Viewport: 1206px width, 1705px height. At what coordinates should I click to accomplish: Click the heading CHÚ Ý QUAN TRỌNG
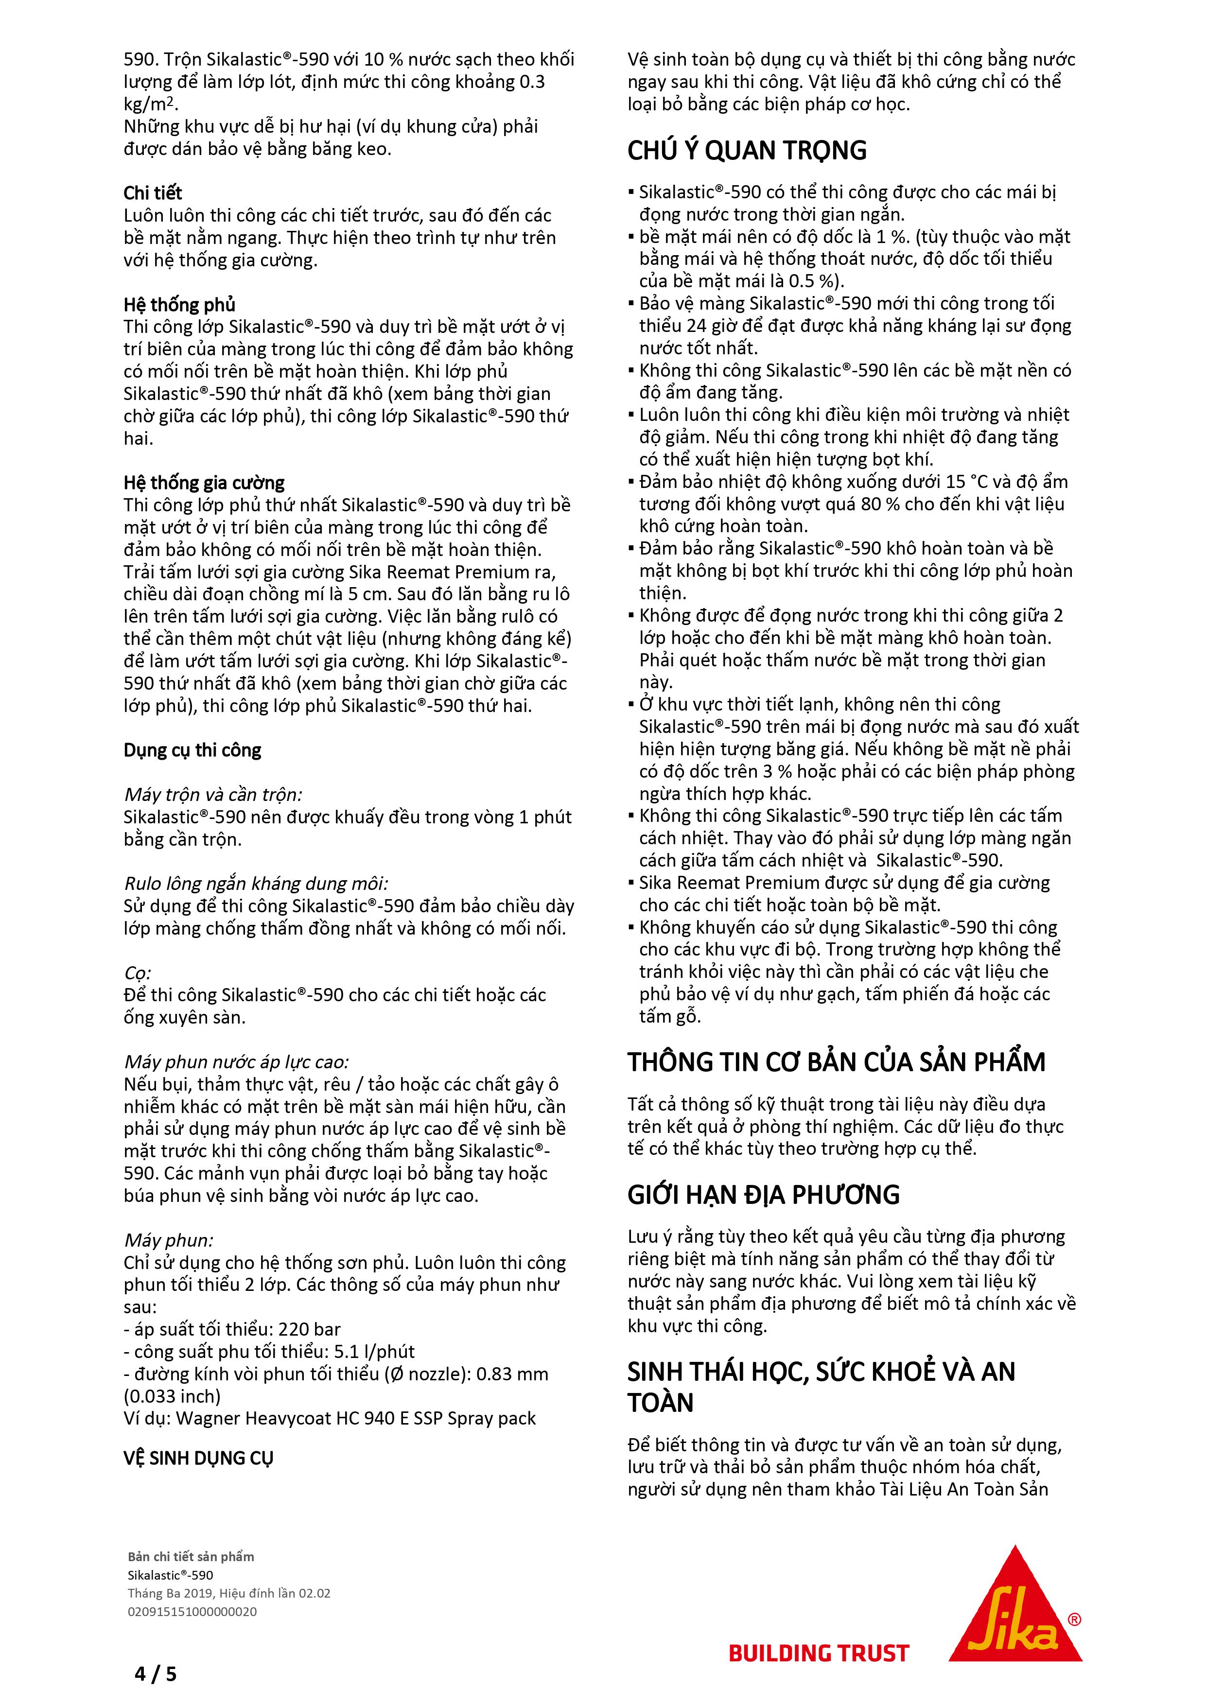[x=746, y=151]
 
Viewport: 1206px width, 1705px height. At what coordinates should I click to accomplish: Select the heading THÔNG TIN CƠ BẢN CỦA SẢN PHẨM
[x=836, y=1062]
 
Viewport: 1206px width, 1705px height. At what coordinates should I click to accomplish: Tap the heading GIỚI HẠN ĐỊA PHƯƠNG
[x=763, y=1195]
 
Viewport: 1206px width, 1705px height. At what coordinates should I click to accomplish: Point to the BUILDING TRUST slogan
[x=819, y=1653]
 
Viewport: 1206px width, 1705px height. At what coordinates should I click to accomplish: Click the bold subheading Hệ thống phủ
[x=179, y=305]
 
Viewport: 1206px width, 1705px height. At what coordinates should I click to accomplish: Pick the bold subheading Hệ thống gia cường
[x=204, y=484]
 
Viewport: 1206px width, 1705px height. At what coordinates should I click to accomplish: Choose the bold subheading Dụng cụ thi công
[x=192, y=751]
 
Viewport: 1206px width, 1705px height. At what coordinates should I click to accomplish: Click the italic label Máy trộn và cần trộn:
[x=213, y=795]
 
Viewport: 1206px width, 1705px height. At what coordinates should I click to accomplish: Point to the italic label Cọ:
[x=138, y=973]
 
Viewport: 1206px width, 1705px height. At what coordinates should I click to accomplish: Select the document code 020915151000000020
[x=192, y=1611]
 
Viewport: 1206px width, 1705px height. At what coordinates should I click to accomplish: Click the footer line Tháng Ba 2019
[x=229, y=1593]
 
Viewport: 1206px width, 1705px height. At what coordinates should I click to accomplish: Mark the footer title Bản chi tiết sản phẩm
[x=191, y=1556]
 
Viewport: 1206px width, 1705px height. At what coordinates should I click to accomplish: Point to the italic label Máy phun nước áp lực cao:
[x=236, y=1062]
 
